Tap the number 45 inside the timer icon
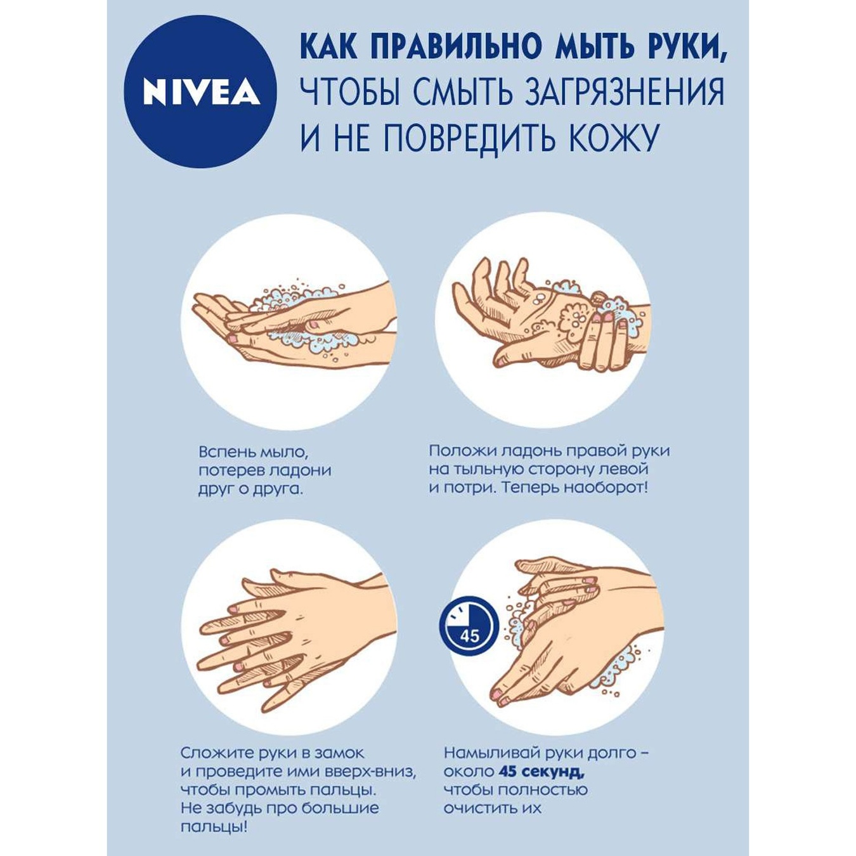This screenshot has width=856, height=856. (470, 636)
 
